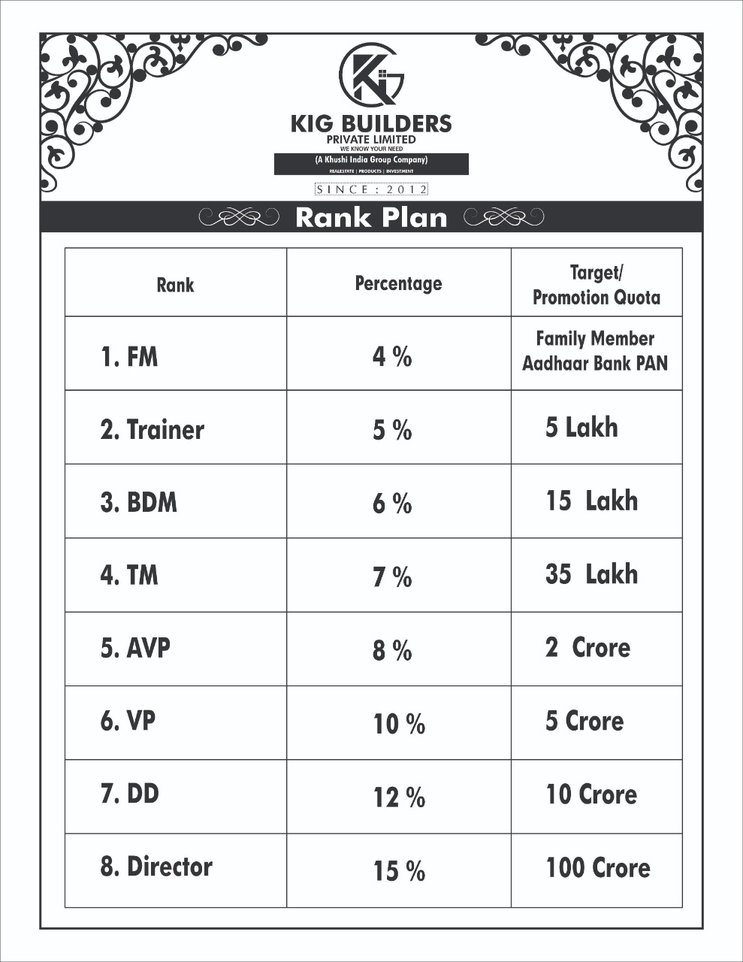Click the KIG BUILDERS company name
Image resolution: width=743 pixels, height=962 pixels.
[x=371, y=123]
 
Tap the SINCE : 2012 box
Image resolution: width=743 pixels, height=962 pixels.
[x=371, y=189]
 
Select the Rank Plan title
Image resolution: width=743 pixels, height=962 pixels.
[x=371, y=217]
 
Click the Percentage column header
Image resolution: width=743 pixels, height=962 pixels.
[x=398, y=283]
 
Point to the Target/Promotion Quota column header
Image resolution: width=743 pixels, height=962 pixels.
[x=597, y=285]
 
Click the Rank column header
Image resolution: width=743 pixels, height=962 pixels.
[x=175, y=285]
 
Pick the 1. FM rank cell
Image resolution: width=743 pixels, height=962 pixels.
[x=129, y=356]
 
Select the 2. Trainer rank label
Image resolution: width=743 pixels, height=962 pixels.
[x=153, y=430]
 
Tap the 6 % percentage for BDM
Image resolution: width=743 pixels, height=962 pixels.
[x=392, y=504]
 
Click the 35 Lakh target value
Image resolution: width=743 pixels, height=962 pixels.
[x=592, y=574]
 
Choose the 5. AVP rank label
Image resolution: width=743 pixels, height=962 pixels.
[x=135, y=648]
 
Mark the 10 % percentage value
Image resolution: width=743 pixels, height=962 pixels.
[x=399, y=725]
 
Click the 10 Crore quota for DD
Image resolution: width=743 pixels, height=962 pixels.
[x=591, y=794]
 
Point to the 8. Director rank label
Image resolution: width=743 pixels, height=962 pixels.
[x=156, y=867]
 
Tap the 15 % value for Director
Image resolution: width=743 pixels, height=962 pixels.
[x=399, y=872]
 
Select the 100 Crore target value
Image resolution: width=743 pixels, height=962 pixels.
[x=598, y=868]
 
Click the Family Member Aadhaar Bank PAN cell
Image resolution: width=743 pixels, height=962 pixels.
[x=595, y=351]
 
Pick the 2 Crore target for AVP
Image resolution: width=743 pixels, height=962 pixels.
[x=587, y=648]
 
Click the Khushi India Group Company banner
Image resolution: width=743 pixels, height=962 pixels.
[x=371, y=160]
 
